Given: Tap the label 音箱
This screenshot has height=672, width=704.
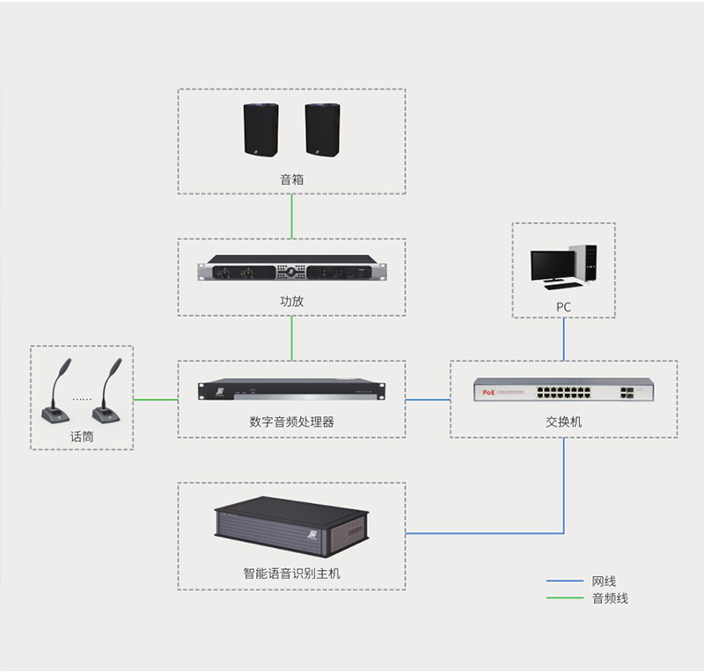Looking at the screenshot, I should pos(291,179).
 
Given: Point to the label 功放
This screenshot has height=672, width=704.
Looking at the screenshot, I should pos(291,302).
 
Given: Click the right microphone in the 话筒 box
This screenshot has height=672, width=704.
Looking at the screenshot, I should pos(108,392).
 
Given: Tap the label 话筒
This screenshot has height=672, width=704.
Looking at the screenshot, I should pos(82,436).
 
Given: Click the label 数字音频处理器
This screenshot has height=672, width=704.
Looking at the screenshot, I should pos(291,422).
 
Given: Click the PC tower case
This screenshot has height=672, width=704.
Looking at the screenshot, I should pos(583,263).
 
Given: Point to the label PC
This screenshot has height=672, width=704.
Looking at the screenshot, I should pos(563,307).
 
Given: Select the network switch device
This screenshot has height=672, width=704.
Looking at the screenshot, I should pos(563,390).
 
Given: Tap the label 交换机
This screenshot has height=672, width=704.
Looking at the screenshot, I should pos(563,422).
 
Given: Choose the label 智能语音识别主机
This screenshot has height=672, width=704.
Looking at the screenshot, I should pos(291,573).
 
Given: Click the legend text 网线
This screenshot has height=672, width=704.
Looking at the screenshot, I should pos(604,581).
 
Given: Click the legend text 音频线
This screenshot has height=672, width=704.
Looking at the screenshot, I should pos(610,599).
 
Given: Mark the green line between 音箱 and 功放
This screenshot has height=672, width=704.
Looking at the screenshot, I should pos(291,216).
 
